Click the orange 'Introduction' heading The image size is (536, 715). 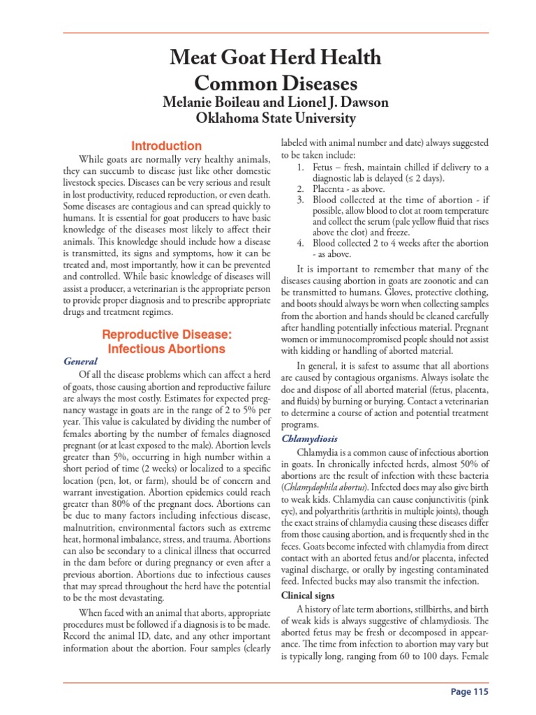(x=167, y=147)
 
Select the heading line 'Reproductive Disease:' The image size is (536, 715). (x=167, y=334)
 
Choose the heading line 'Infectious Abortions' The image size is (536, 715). (x=167, y=349)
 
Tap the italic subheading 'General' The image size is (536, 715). (x=80, y=362)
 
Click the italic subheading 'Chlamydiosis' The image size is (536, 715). (x=310, y=438)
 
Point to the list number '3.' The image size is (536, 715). (x=299, y=200)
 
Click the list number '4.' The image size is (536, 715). (x=299, y=243)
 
